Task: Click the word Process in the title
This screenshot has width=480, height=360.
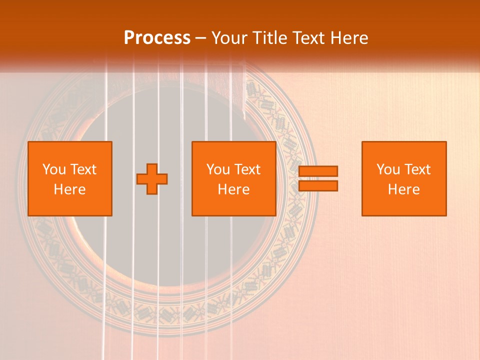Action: [157, 38]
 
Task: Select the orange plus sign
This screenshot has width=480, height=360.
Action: [152, 179]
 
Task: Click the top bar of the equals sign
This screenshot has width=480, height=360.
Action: [318, 171]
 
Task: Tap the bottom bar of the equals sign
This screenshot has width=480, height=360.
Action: [318, 186]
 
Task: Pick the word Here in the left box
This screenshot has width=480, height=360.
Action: [69, 189]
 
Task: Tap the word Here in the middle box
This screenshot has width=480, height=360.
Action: [233, 189]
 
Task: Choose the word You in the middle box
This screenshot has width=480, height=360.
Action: [218, 169]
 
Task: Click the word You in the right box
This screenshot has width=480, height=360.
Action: [388, 169]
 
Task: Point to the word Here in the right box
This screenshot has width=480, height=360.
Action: [403, 189]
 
